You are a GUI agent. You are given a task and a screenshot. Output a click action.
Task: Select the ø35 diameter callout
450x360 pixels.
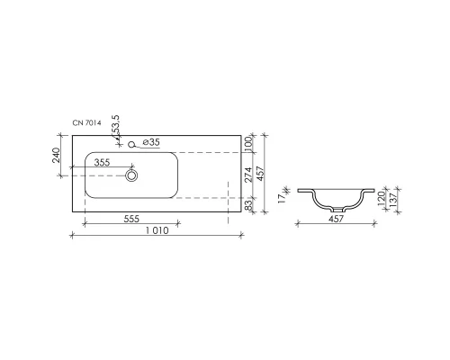tap(150, 143)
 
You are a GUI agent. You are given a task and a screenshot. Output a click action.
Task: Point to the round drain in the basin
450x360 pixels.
tap(132, 176)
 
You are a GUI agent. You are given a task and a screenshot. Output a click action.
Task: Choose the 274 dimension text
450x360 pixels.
tap(248, 177)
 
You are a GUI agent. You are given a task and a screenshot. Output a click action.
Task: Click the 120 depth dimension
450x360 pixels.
tap(381, 196)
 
